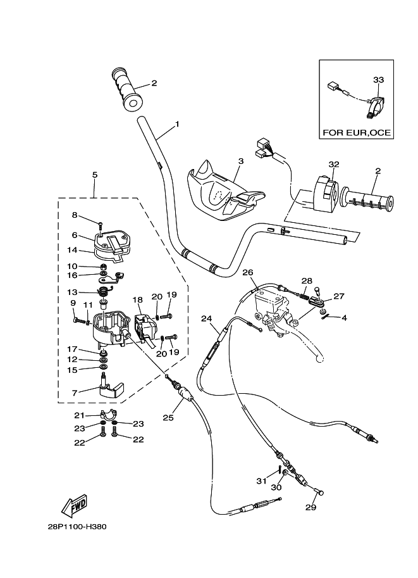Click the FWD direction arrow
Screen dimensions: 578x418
pos(74,505)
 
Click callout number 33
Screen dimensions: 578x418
pos(378,80)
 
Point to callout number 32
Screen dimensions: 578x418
pos(333,165)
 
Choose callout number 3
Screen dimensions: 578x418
pos(240,161)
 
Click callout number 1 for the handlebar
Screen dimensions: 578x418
pos(176,124)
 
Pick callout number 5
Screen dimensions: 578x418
pos(94,175)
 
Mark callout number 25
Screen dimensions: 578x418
pos(168,417)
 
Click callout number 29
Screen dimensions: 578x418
pos(310,506)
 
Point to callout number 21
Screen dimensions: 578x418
pos(79,415)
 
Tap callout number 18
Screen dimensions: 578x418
pos(138,299)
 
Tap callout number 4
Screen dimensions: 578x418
pos(345,318)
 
